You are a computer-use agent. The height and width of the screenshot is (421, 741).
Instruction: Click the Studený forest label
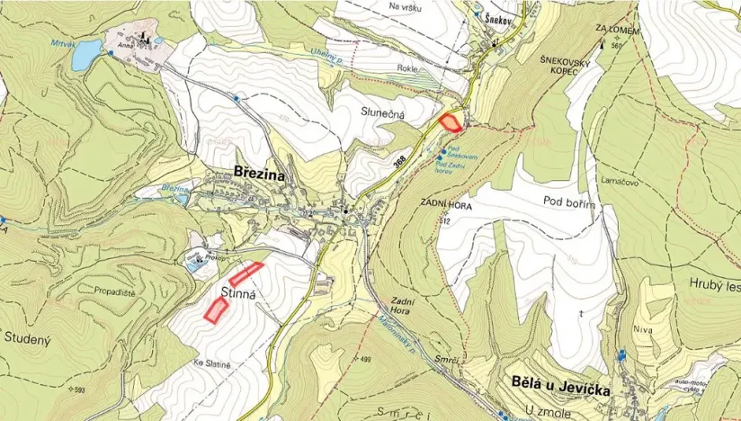32,338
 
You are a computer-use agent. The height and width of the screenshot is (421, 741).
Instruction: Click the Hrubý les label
714,287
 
